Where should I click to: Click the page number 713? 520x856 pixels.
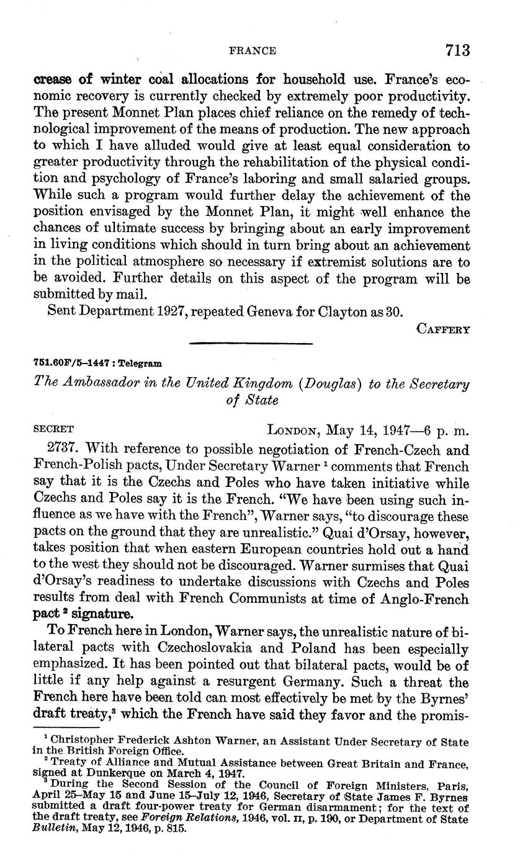coord(457,50)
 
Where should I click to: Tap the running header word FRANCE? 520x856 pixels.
coord(253,51)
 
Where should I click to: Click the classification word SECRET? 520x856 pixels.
coord(53,429)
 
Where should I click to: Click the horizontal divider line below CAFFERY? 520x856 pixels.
coord(250,343)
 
